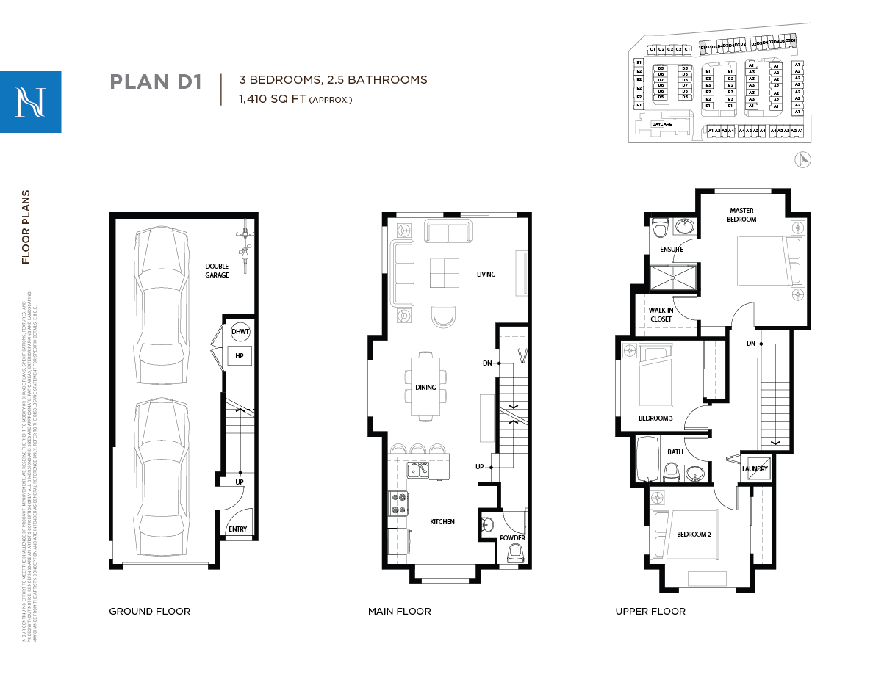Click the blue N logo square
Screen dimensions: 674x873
[x=30, y=101]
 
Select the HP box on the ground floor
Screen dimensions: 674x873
[x=240, y=356]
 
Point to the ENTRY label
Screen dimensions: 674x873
[x=237, y=529]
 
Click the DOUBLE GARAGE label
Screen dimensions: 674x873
[x=217, y=270]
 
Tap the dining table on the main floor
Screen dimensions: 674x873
[x=425, y=387]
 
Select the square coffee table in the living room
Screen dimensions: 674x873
[x=444, y=274]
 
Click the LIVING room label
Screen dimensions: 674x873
[x=486, y=275]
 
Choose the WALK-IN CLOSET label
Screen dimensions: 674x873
[x=661, y=315]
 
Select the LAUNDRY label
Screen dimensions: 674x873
[x=755, y=469]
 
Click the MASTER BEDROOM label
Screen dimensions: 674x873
[x=741, y=214]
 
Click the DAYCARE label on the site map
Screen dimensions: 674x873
[x=661, y=125]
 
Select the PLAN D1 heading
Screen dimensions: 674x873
[x=155, y=81]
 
